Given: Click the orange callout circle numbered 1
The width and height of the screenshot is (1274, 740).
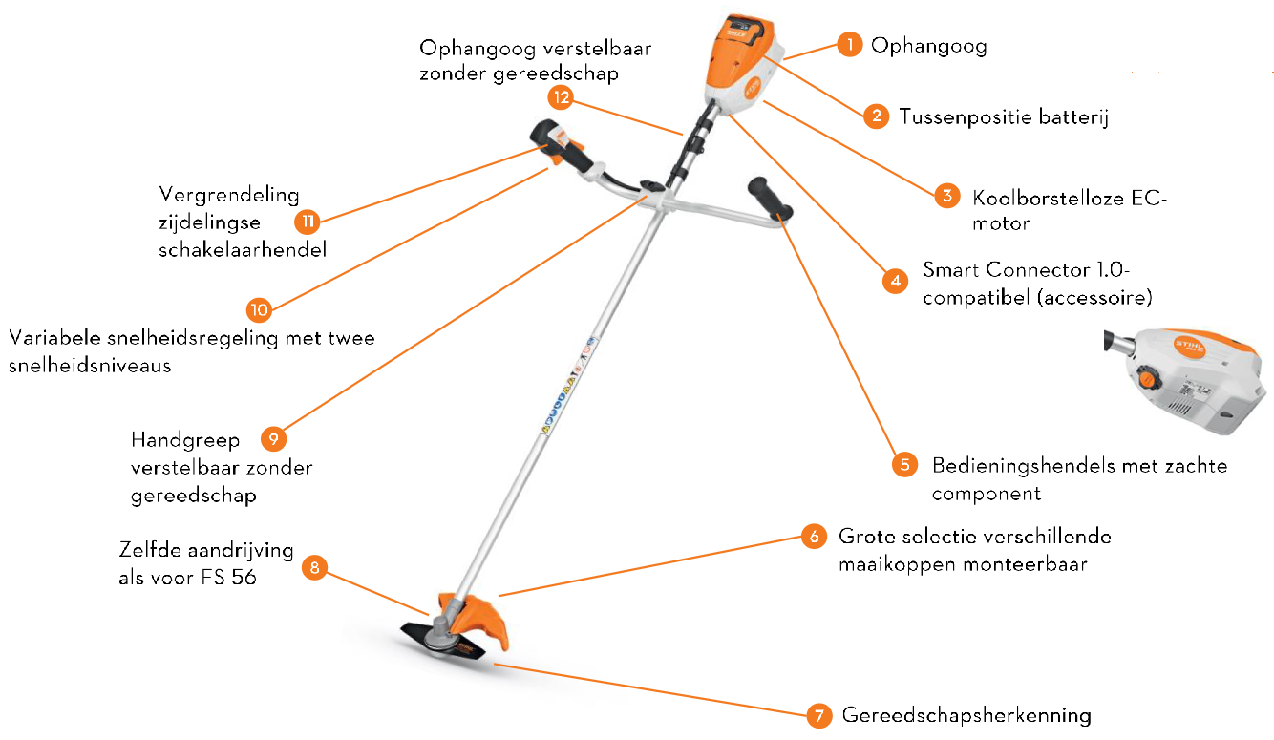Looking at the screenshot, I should (x=849, y=45).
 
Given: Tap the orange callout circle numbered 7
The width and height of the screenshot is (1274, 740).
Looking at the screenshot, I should (x=817, y=715).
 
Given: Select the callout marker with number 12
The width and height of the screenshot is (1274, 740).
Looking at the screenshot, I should (x=561, y=96).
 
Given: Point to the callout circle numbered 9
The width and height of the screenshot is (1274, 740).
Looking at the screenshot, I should (x=273, y=439).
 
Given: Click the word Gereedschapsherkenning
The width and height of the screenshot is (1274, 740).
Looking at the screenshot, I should (x=966, y=715).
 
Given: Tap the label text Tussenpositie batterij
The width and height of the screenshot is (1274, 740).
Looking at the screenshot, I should (x=1003, y=117).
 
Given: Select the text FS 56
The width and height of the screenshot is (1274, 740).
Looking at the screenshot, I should (x=229, y=577).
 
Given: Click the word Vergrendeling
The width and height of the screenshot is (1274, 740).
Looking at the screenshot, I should (x=229, y=195).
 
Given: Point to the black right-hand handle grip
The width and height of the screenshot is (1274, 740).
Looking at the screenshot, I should (x=771, y=198).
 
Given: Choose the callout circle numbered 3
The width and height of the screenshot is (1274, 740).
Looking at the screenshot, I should (x=945, y=196).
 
